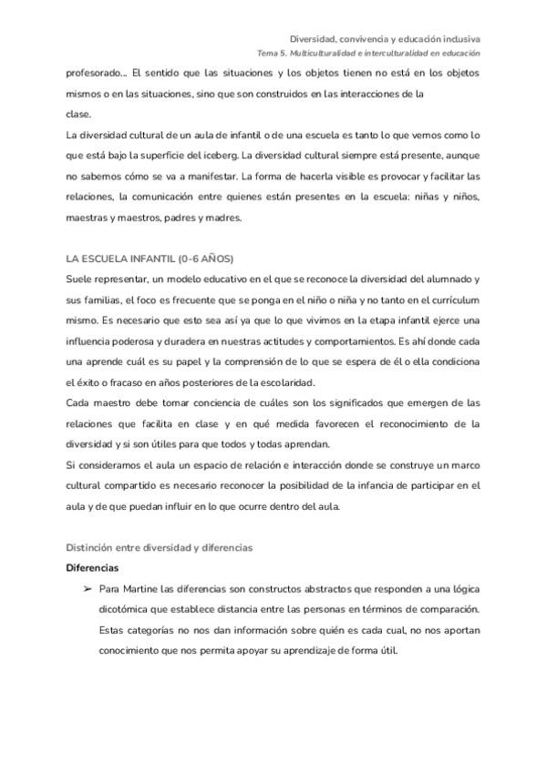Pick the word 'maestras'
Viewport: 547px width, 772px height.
(85, 218)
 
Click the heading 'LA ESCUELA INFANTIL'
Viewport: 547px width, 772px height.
(121, 259)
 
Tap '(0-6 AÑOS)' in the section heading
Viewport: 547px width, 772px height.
(207, 259)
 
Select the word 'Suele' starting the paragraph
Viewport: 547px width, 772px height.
(79, 279)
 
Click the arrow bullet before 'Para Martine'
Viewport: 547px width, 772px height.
(88, 588)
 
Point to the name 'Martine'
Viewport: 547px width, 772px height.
(140, 588)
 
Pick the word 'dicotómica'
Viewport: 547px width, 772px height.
(129, 609)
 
